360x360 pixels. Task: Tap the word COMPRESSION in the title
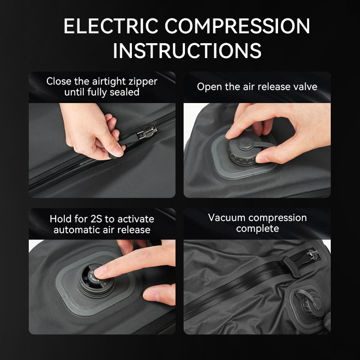point(237,26)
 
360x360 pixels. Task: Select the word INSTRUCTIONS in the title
point(187,50)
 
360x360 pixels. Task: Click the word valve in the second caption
point(305,86)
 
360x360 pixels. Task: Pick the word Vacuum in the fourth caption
point(226,218)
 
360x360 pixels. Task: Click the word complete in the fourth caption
point(257,229)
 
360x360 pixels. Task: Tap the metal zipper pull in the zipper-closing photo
point(147,132)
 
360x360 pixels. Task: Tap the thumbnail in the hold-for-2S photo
point(150,295)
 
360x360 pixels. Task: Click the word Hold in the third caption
point(60,219)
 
